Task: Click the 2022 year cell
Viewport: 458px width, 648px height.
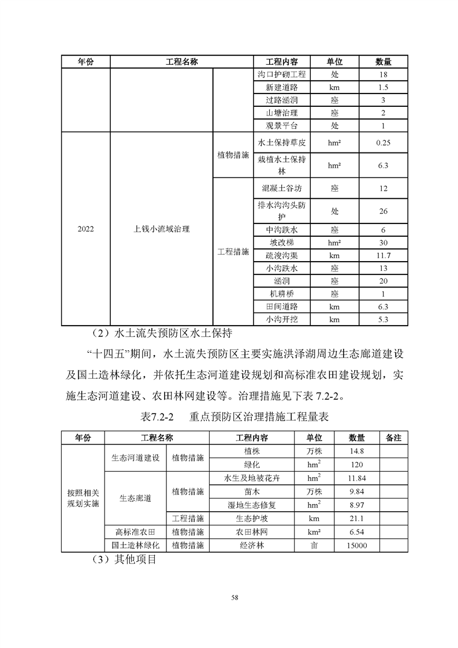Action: click(x=85, y=229)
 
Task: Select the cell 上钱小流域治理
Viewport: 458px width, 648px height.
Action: click(x=161, y=229)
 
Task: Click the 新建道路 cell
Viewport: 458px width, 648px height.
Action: click(x=281, y=88)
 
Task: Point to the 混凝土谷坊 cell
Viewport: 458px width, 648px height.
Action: click(x=281, y=189)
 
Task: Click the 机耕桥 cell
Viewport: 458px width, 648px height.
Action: click(x=281, y=293)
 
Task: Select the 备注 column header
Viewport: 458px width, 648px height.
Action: click(x=393, y=438)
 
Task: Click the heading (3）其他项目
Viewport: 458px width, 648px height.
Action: click(x=124, y=559)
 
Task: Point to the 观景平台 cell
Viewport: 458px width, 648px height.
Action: click(x=281, y=126)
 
